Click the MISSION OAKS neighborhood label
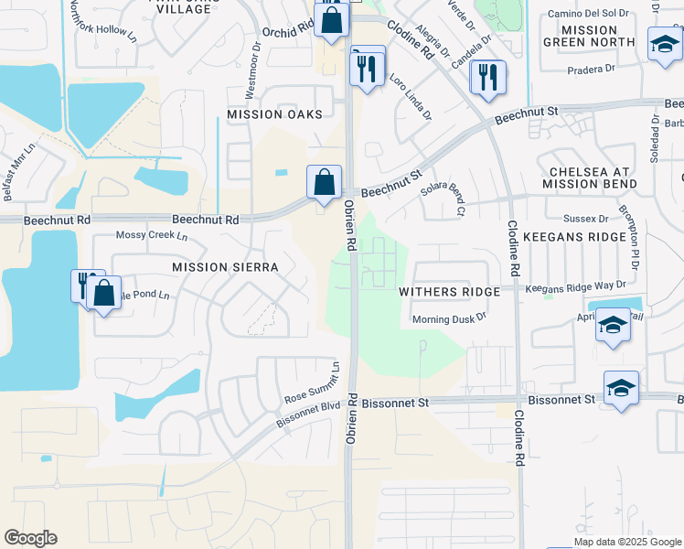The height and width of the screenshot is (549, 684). pos(275,114)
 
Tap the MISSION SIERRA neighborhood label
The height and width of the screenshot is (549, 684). pos(225,266)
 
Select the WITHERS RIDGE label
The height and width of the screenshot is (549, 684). pos(449,291)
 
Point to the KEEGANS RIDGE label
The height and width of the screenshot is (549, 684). pos(574,236)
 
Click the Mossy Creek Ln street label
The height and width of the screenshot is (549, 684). pos(151,235)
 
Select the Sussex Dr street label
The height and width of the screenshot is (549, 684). pos(586,219)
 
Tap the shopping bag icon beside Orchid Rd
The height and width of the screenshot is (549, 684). pos(331,19)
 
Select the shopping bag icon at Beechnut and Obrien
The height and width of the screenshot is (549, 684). pos(325,181)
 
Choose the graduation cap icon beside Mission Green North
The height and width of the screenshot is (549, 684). pos(663,44)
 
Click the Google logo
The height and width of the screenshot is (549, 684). pos(30,538)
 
